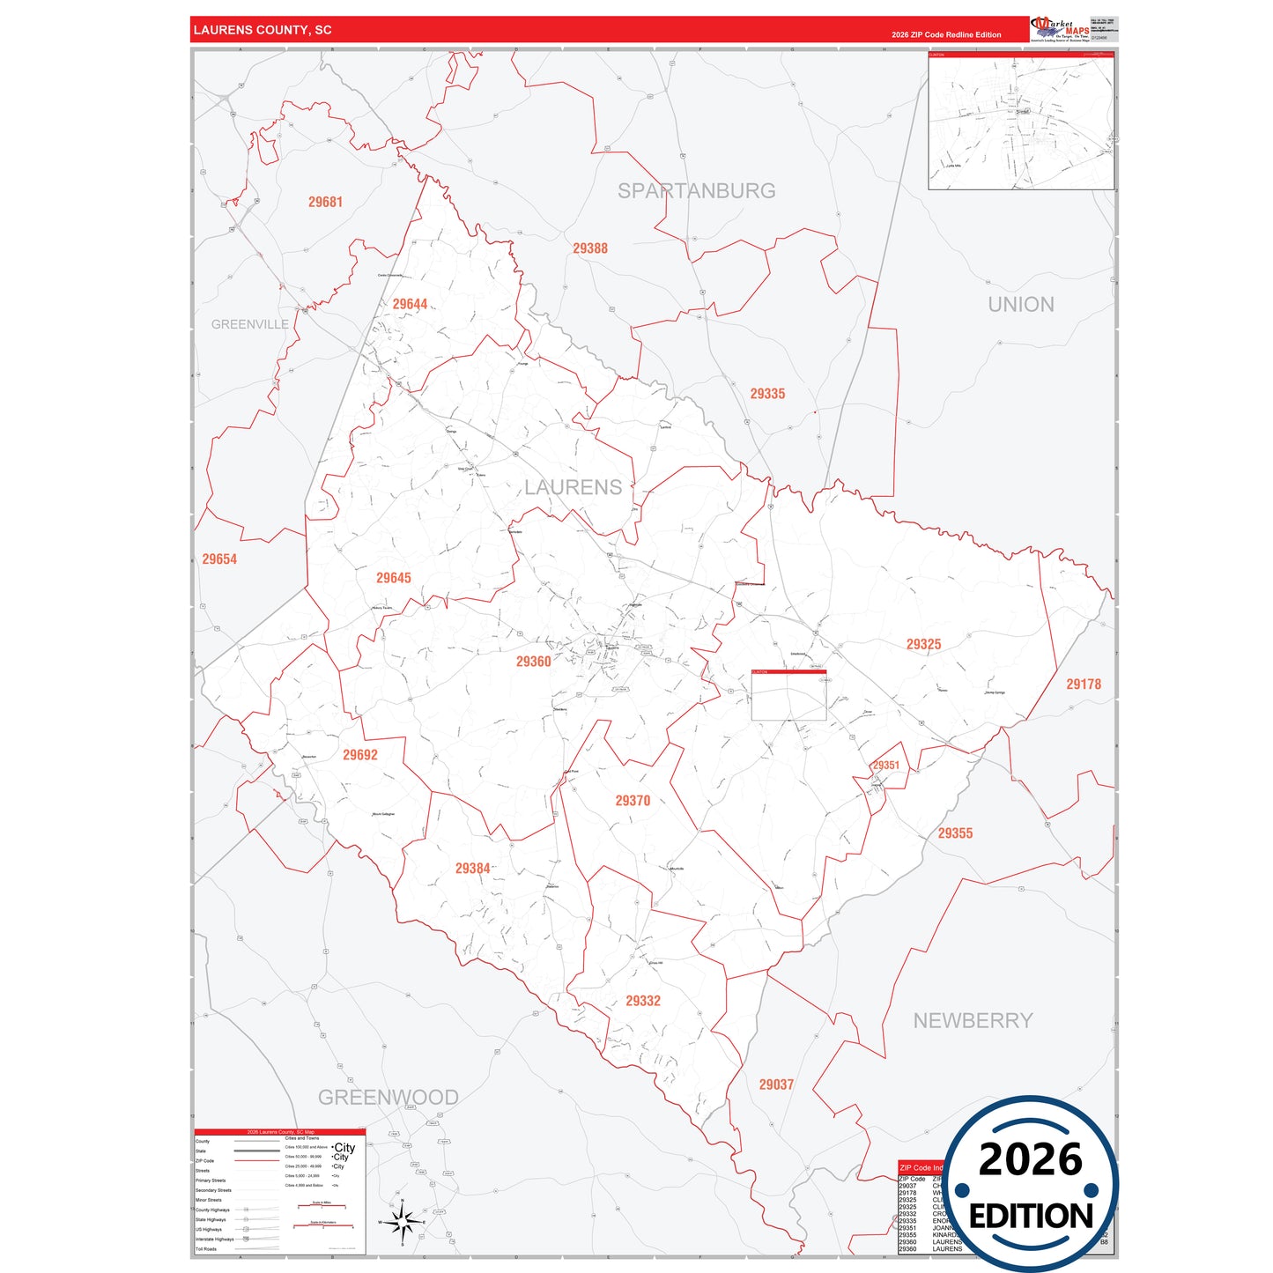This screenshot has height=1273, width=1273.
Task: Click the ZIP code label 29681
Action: click(x=325, y=202)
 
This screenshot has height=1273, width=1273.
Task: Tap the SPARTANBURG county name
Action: click(x=696, y=190)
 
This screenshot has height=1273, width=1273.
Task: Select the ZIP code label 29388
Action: click(x=590, y=248)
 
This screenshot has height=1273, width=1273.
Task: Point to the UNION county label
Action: click(x=1020, y=304)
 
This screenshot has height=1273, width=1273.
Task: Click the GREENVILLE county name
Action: click(x=250, y=324)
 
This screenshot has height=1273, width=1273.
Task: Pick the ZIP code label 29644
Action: click(x=410, y=304)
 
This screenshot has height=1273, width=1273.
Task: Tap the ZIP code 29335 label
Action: click(x=767, y=394)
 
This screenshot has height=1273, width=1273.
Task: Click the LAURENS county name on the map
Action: click(x=573, y=487)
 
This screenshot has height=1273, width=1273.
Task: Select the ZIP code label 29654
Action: click(x=219, y=559)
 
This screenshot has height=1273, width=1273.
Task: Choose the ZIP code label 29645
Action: click(x=394, y=578)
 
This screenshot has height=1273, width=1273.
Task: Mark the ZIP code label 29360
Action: click(x=533, y=662)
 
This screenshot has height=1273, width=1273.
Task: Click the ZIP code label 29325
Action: click(x=923, y=644)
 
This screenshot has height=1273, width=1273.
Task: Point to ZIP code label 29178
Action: click(x=1083, y=684)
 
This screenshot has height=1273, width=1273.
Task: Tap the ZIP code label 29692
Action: click(x=360, y=755)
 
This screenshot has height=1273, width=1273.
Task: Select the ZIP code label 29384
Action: click(x=472, y=869)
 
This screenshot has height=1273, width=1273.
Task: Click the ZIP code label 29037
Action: click(x=776, y=1084)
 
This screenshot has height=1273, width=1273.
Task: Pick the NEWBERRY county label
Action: click(x=973, y=1020)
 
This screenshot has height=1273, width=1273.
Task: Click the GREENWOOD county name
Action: click(x=388, y=1097)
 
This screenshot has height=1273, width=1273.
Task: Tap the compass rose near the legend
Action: click(x=402, y=1223)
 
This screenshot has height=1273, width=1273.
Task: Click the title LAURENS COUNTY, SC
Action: click(x=263, y=30)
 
